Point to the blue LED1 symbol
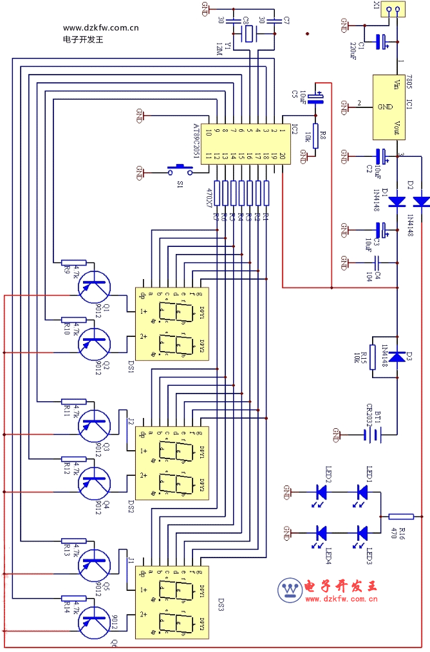[362, 493]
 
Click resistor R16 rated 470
[401, 516]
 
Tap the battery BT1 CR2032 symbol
[369, 435]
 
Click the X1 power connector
[392, 10]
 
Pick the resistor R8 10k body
[315, 136]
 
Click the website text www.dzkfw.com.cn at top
[100, 28]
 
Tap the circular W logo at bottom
[290, 590]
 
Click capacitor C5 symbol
[315, 97]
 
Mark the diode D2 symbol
[421, 202]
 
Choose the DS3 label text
[221, 604]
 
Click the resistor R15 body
[373, 356]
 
